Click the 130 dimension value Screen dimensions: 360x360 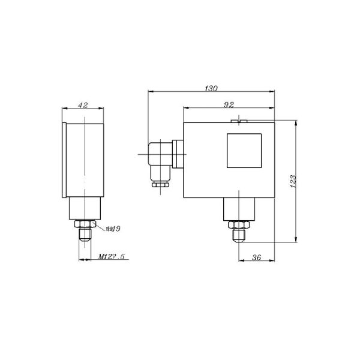[211, 88]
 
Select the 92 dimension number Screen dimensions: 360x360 [229, 104]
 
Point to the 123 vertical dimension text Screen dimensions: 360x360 [292, 182]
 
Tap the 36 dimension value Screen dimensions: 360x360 [257, 257]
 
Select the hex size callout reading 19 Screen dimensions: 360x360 [113, 229]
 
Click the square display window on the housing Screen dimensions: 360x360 [244, 150]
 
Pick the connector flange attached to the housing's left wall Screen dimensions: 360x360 [178, 155]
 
